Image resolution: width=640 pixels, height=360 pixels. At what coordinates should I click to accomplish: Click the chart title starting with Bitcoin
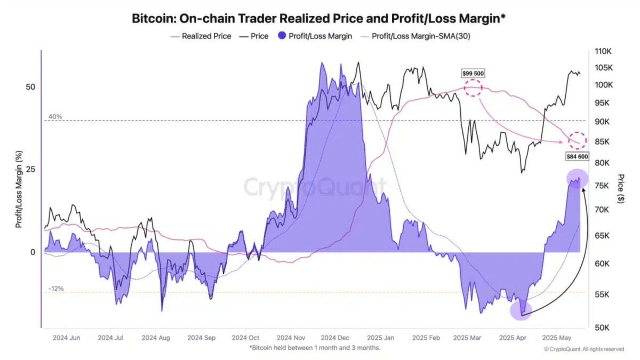pyautogui.click(x=318, y=19)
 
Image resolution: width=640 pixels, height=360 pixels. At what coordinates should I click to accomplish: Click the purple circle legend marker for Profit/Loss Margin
pyautogui.click(x=282, y=36)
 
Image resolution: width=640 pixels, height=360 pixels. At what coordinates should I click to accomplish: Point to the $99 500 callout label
pyautogui.click(x=473, y=73)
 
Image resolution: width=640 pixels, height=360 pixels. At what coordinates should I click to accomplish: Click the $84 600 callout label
pyautogui.click(x=577, y=157)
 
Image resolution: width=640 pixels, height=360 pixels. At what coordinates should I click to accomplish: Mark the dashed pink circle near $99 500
pyautogui.click(x=473, y=87)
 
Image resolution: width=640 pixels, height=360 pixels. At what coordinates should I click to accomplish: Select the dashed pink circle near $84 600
pyautogui.click(x=577, y=141)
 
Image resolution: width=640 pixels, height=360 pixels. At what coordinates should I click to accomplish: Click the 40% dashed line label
pyautogui.click(x=55, y=116)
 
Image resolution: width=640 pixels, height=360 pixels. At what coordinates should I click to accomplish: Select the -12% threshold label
pyautogui.click(x=56, y=289)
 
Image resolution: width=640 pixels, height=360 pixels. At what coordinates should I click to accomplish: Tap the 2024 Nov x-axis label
pyautogui.click(x=292, y=338)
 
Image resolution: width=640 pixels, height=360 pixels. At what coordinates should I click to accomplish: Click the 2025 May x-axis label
pyautogui.click(x=556, y=338)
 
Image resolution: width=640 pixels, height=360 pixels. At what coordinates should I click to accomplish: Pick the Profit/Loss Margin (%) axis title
pyautogui.click(x=19, y=189)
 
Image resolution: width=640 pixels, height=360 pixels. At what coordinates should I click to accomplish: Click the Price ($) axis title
pyautogui.click(x=620, y=188)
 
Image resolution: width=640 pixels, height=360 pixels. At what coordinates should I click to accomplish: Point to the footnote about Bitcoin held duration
pyautogui.click(x=315, y=348)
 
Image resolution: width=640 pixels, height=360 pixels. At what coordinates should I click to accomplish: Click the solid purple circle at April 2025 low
pyautogui.click(x=521, y=310)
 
